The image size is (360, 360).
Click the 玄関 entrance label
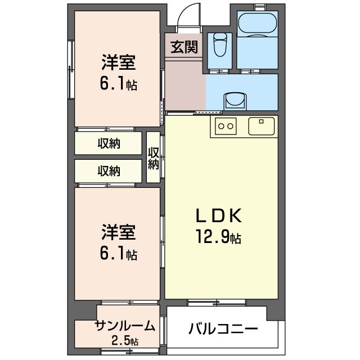coord(184,47)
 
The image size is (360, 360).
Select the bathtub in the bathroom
coord(256,25)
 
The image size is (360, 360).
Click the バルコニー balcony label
coord(223,328)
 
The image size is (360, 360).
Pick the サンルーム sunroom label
coord(125,326)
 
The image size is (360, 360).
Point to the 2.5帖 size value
coord(125,340)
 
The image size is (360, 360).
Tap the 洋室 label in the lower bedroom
coord(119,232)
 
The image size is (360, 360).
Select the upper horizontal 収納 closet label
coord(109,143)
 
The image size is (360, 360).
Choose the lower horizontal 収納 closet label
coord(109,170)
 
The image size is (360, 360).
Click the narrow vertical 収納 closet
coord(154,157)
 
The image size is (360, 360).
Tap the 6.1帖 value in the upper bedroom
coord(119,84)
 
